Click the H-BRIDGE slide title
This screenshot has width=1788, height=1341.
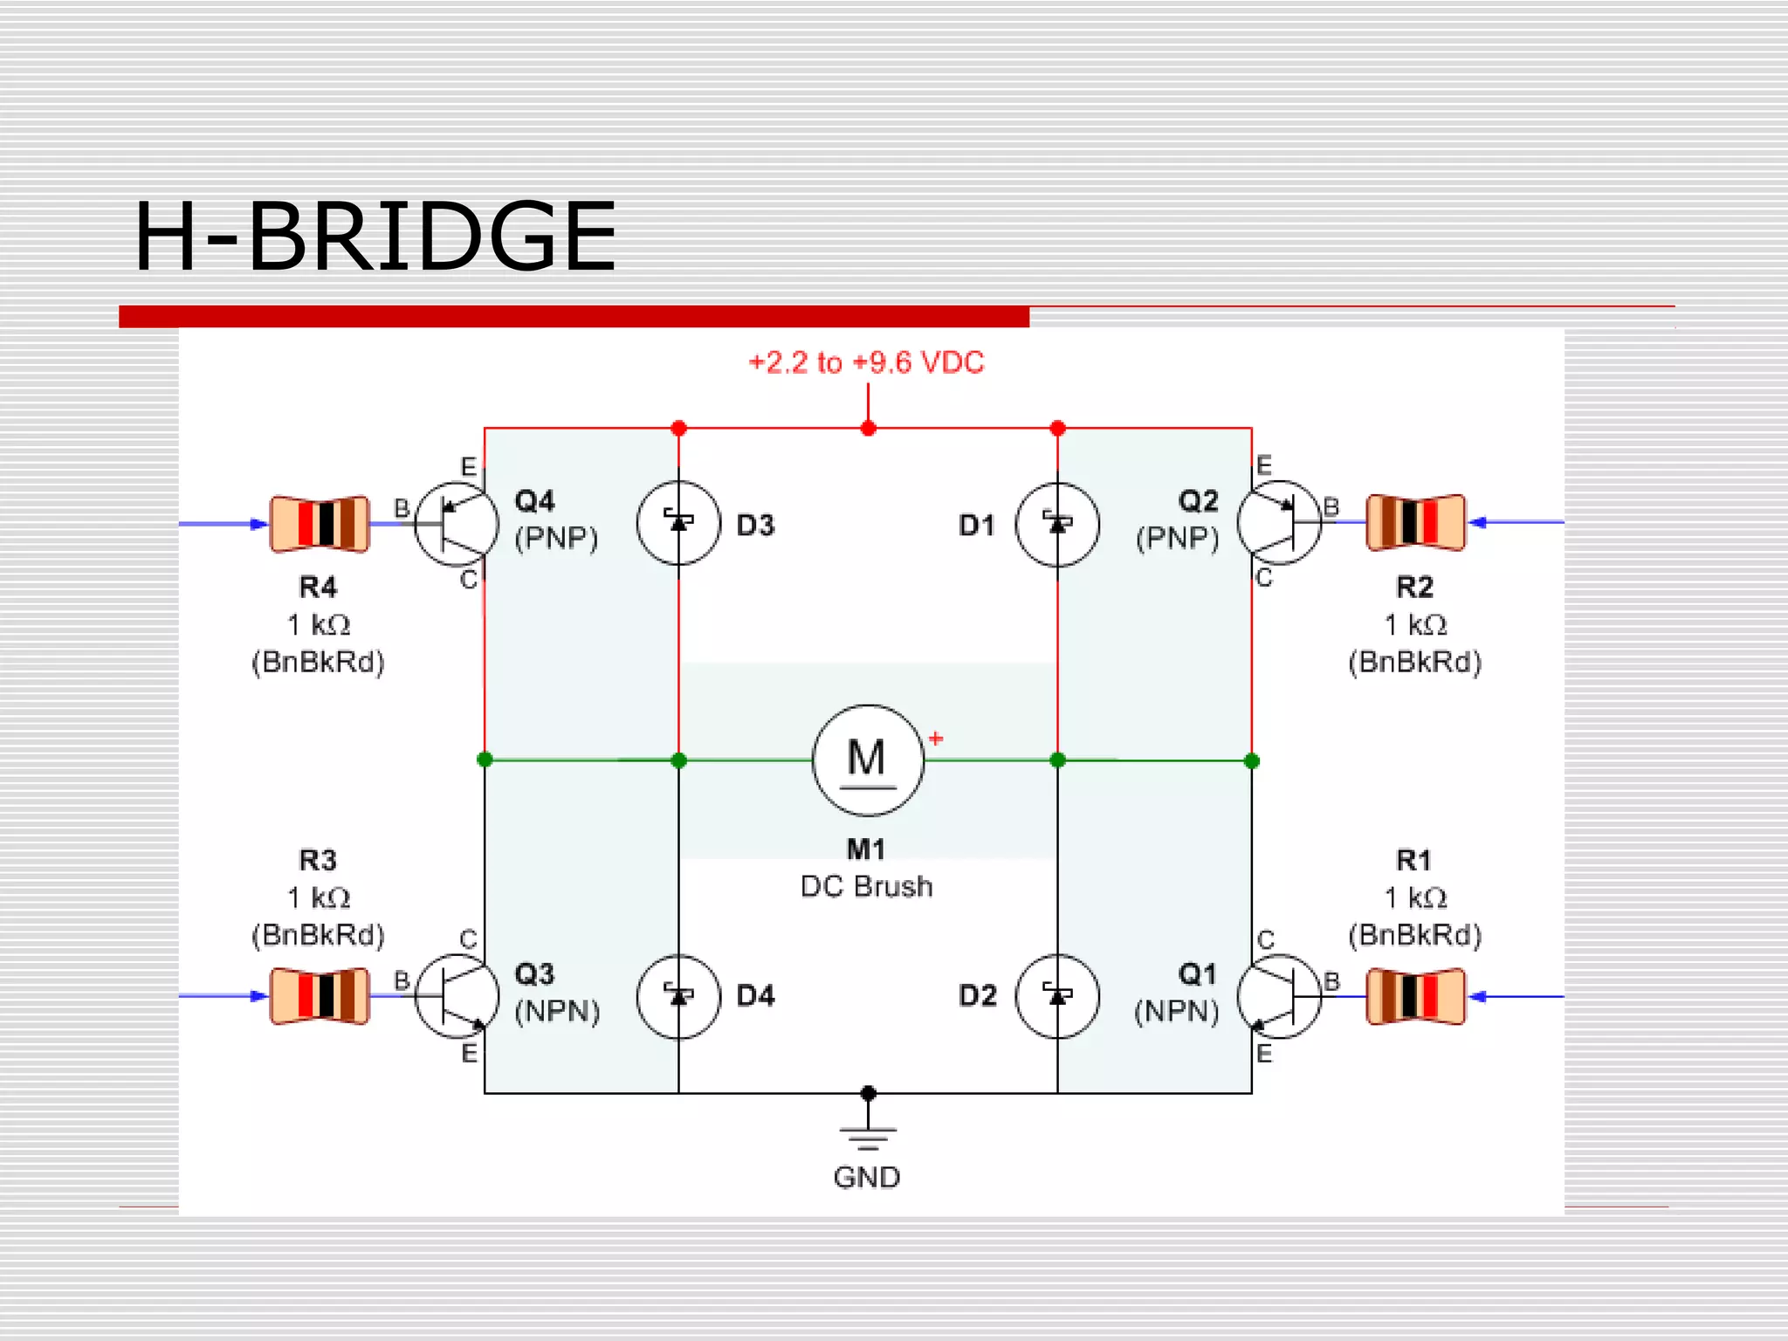[x=375, y=237]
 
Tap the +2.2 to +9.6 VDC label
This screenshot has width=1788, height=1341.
[x=866, y=362]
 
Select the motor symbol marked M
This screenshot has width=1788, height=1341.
[x=867, y=760]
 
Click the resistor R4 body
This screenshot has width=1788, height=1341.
[x=320, y=524]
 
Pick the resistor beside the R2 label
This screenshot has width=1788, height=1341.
[x=1415, y=523]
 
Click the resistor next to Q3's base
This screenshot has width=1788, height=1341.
[x=320, y=995]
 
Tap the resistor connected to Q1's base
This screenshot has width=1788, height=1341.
[x=1415, y=995]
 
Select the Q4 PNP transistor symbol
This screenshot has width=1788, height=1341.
[x=456, y=524]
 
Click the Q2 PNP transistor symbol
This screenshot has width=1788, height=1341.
[x=1279, y=523]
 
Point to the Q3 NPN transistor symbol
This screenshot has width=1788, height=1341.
[x=456, y=996]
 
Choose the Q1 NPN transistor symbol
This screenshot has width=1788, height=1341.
[x=1279, y=996]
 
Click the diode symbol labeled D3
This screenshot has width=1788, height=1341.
[x=678, y=523]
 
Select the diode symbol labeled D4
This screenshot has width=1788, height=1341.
[x=678, y=996]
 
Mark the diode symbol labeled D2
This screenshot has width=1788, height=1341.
[x=1057, y=996]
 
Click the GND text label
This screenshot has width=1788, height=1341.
[x=866, y=1178]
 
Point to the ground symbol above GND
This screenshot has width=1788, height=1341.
[x=868, y=1135]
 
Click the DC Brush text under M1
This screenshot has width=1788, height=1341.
[x=866, y=887]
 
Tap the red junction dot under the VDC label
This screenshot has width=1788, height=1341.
[x=868, y=428]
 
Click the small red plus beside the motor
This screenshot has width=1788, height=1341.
[x=936, y=739]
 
